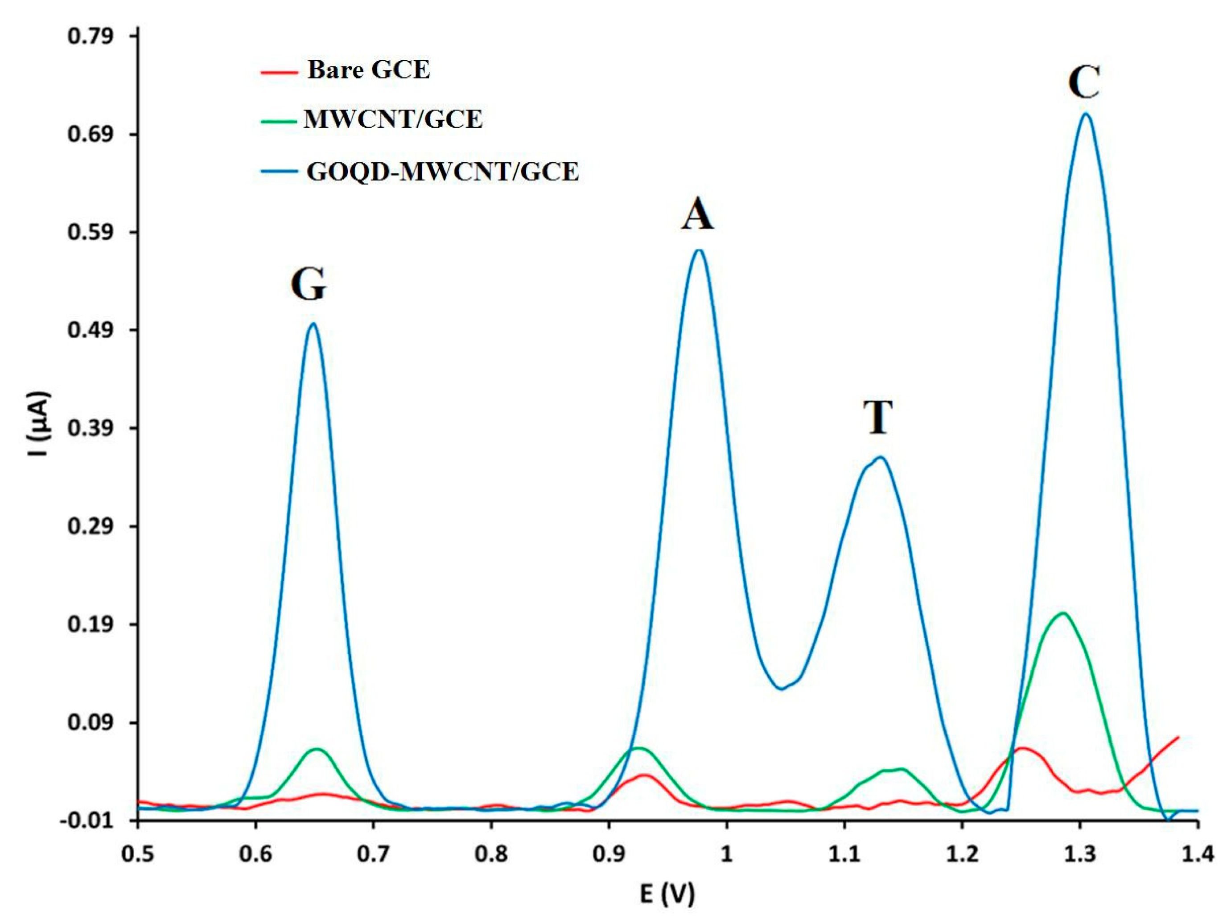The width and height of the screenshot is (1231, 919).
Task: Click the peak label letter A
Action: [x=697, y=215]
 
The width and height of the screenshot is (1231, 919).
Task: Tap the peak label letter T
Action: [x=877, y=417]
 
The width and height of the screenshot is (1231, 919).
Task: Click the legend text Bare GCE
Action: [x=368, y=70]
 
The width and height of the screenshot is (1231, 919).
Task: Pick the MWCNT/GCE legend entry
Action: [x=393, y=119]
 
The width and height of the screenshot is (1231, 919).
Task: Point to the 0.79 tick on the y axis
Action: [x=90, y=37]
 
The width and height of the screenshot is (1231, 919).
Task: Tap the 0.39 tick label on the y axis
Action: [x=90, y=428]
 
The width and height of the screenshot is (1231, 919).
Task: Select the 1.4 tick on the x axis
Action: [x=1197, y=853]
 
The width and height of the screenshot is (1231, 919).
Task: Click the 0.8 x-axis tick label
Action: [x=491, y=853]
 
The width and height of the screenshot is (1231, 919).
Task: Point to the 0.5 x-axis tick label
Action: [x=138, y=853]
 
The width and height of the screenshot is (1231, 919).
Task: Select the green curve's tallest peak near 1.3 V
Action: [x=1063, y=614]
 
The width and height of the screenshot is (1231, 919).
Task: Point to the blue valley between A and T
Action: [x=782, y=689]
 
